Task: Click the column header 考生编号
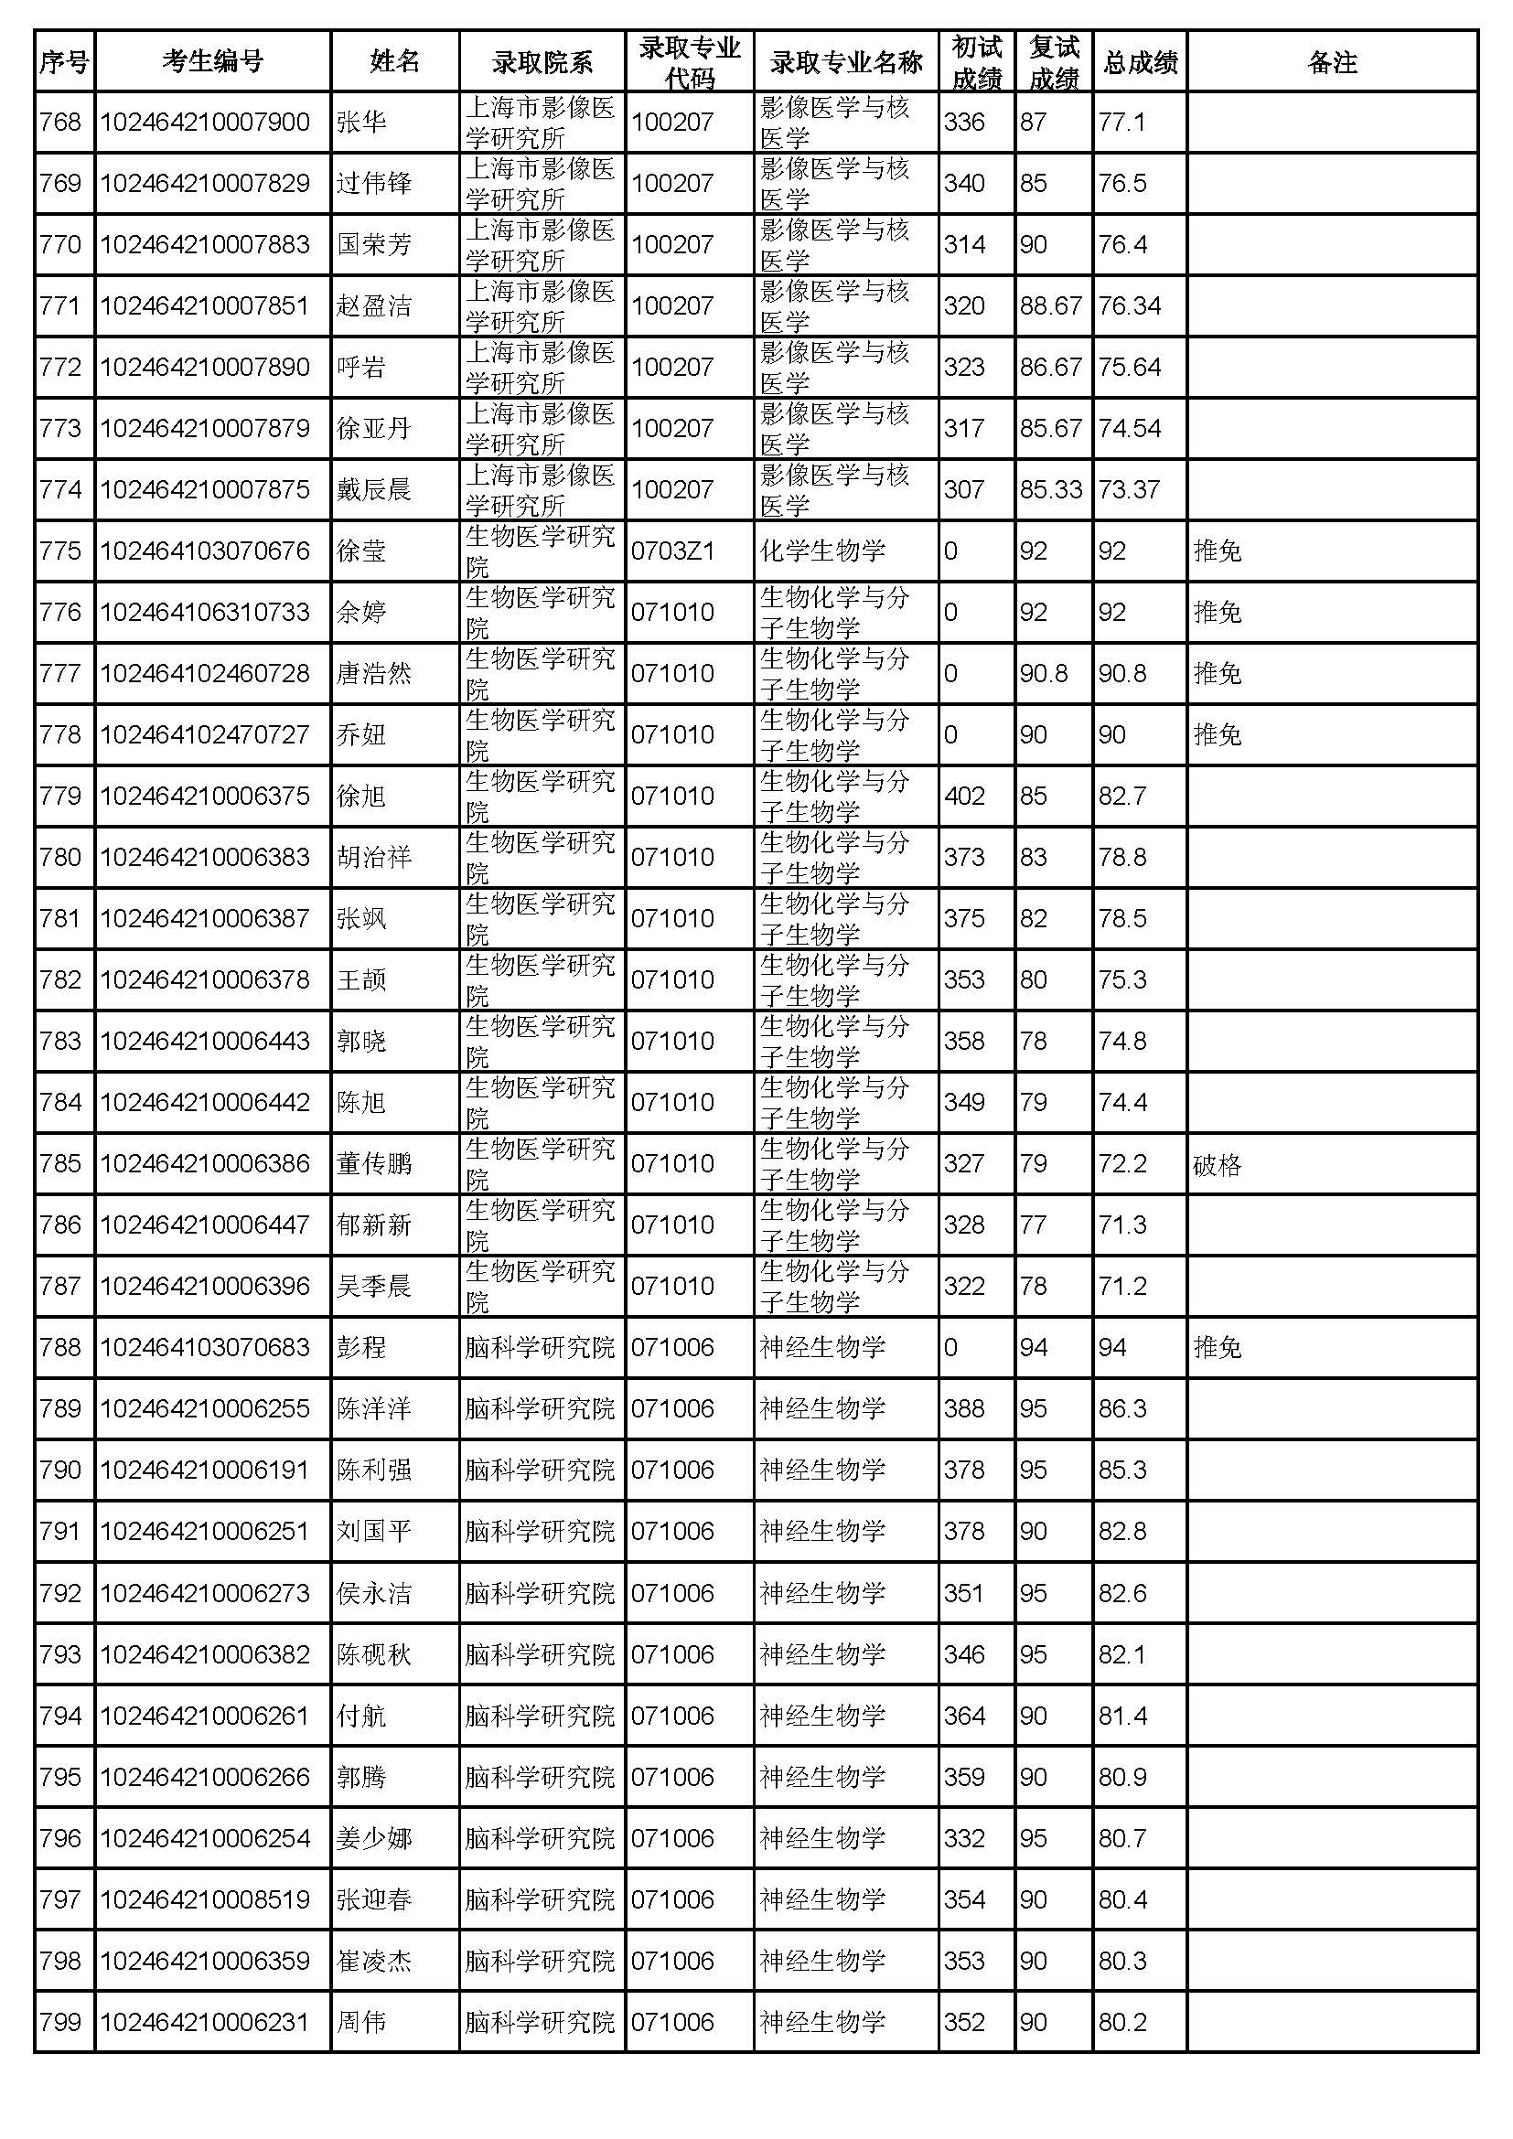(x=212, y=62)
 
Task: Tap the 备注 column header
(x=1331, y=62)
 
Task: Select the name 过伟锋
(x=373, y=183)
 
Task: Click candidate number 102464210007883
(x=205, y=244)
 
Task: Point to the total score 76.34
(x=1129, y=305)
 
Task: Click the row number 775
(x=60, y=551)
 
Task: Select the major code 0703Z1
(x=672, y=551)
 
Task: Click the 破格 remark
(x=1217, y=1163)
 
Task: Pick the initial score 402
(x=963, y=796)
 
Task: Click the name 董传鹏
(x=373, y=1163)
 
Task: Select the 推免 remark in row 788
(x=1217, y=1347)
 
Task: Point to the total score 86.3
(x=1121, y=1408)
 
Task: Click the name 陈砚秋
(x=373, y=1653)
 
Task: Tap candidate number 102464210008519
(x=205, y=1898)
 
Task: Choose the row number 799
(x=60, y=2022)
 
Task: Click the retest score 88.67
(x=1050, y=305)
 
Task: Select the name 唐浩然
(x=373, y=673)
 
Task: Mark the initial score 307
(x=963, y=489)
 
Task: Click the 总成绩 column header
(x=1141, y=62)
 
